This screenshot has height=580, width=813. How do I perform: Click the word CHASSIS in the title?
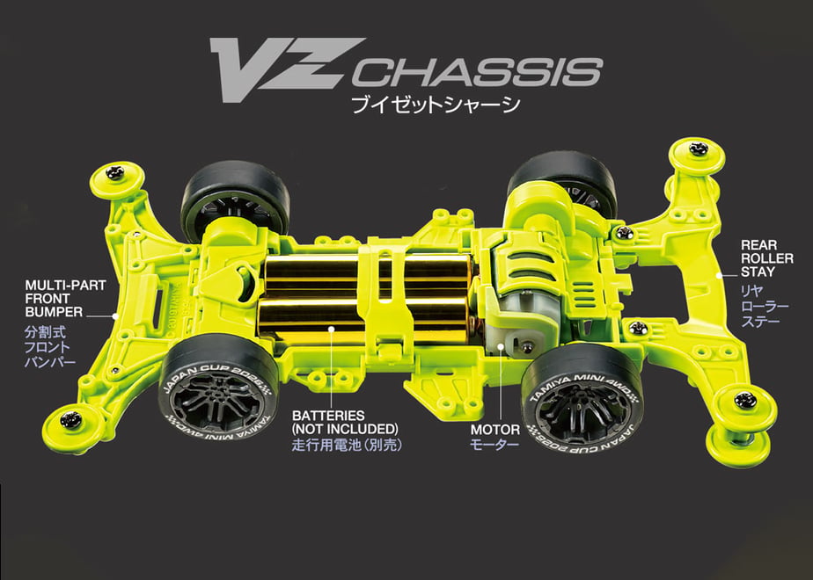tap(478, 72)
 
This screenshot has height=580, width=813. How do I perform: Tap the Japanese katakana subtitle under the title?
tap(436, 105)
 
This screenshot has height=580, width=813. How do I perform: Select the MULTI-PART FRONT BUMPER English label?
tap(65, 299)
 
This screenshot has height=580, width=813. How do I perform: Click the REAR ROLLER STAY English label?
tap(767, 258)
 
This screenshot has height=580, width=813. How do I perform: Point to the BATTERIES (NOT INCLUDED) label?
tap(345, 422)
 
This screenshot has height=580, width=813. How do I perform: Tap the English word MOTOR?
tap(495, 430)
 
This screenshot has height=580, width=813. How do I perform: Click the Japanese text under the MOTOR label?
tap(494, 445)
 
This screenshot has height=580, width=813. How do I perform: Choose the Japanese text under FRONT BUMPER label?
tap(50, 346)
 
